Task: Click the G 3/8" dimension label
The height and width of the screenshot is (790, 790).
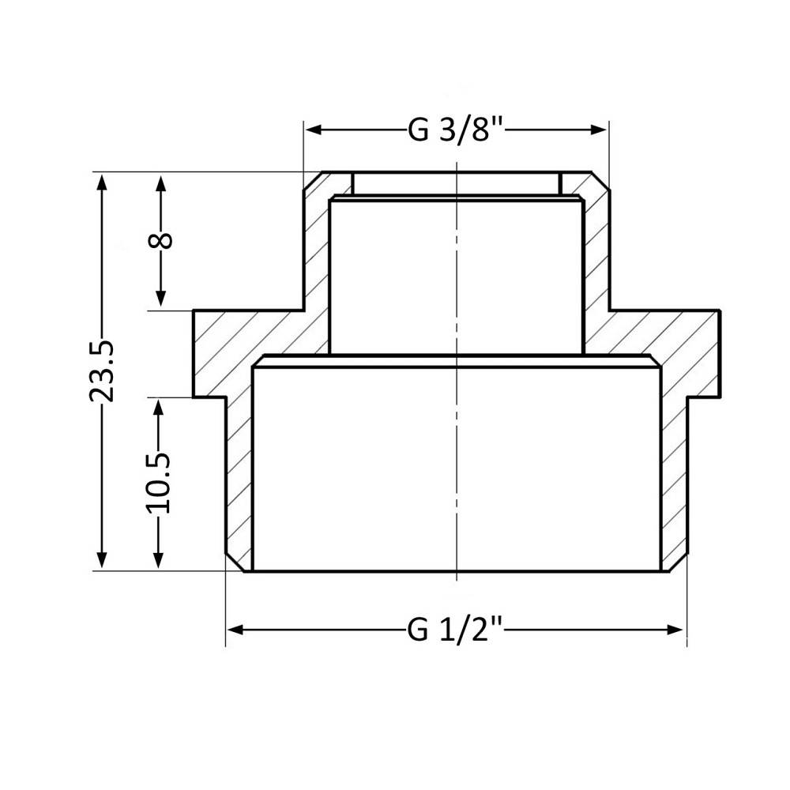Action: pos(456,130)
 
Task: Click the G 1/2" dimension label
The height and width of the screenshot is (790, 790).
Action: pos(456,630)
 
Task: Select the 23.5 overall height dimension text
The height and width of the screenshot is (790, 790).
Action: pos(101,371)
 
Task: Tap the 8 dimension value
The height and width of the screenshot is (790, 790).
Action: pos(161,240)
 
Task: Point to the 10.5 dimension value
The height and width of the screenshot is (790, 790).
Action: pos(161,482)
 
